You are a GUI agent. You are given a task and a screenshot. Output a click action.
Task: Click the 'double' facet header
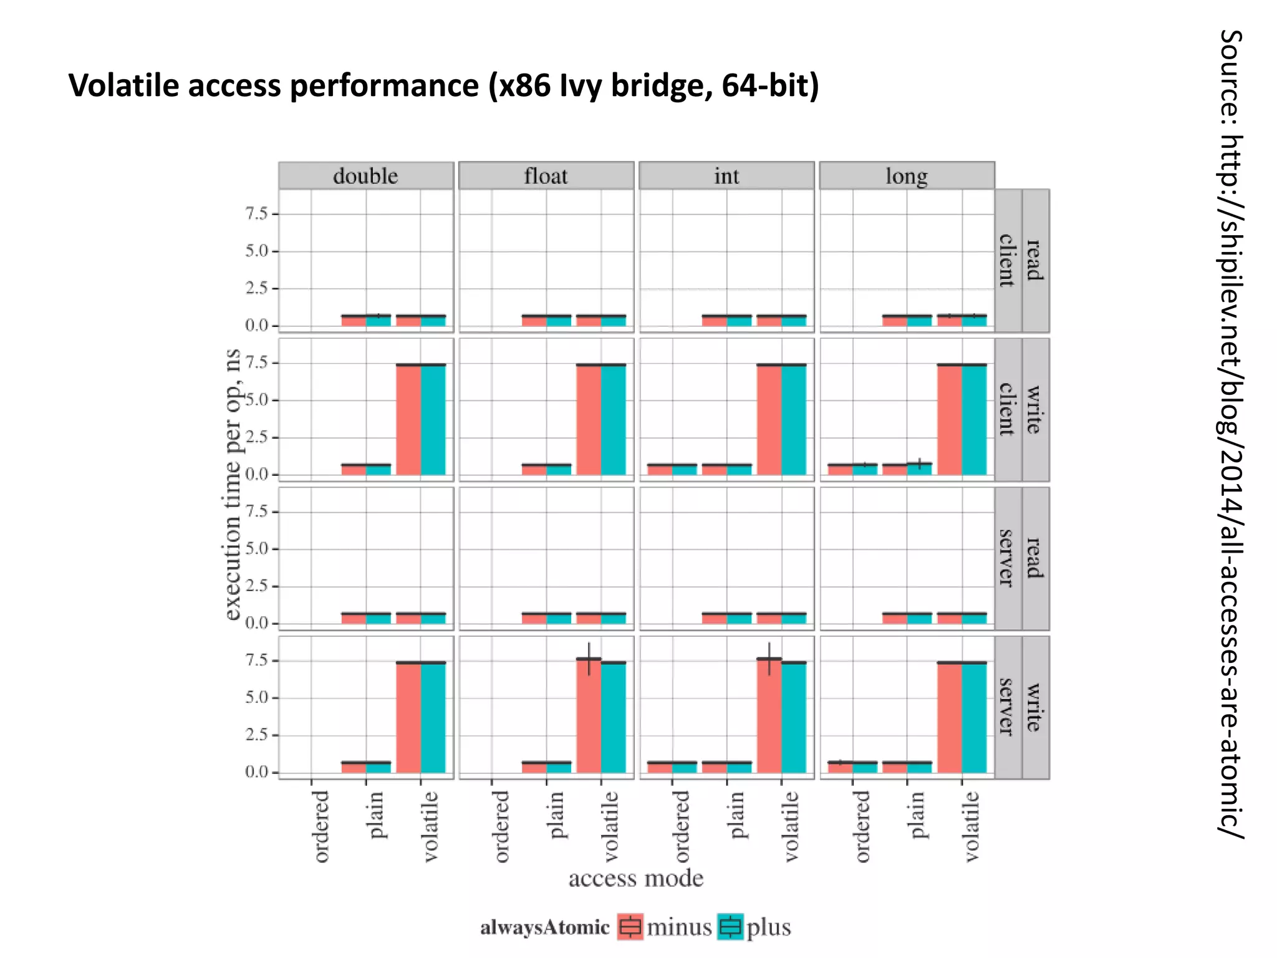click(x=365, y=176)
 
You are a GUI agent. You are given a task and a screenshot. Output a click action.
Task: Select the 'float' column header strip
click(x=546, y=176)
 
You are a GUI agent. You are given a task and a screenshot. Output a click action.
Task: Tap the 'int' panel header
click(x=726, y=176)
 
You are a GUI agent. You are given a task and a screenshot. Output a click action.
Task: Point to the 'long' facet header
click(x=907, y=176)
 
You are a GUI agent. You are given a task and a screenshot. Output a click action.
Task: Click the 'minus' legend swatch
click(x=630, y=927)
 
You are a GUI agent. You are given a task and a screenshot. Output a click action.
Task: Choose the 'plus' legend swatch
click(x=730, y=927)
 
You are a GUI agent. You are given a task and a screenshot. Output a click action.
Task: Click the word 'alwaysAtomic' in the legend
click(x=544, y=927)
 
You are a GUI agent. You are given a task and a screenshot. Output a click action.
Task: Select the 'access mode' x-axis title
click(x=635, y=878)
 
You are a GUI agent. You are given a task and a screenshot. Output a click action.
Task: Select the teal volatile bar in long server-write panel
click(x=974, y=717)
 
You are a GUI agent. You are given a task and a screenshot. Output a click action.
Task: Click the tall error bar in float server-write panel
click(x=589, y=659)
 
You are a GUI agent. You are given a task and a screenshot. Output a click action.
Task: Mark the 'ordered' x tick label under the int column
click(x=682, y=827)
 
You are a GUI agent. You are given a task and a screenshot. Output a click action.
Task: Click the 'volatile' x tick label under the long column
click(x=971, y=827)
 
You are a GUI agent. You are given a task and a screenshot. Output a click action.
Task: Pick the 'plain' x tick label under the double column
click(x=375, y=816)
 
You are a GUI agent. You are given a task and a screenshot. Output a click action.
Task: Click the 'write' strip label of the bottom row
click(x=1034, y=707)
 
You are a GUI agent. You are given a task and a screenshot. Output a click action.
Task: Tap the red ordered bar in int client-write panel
click(x=660, y=469)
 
